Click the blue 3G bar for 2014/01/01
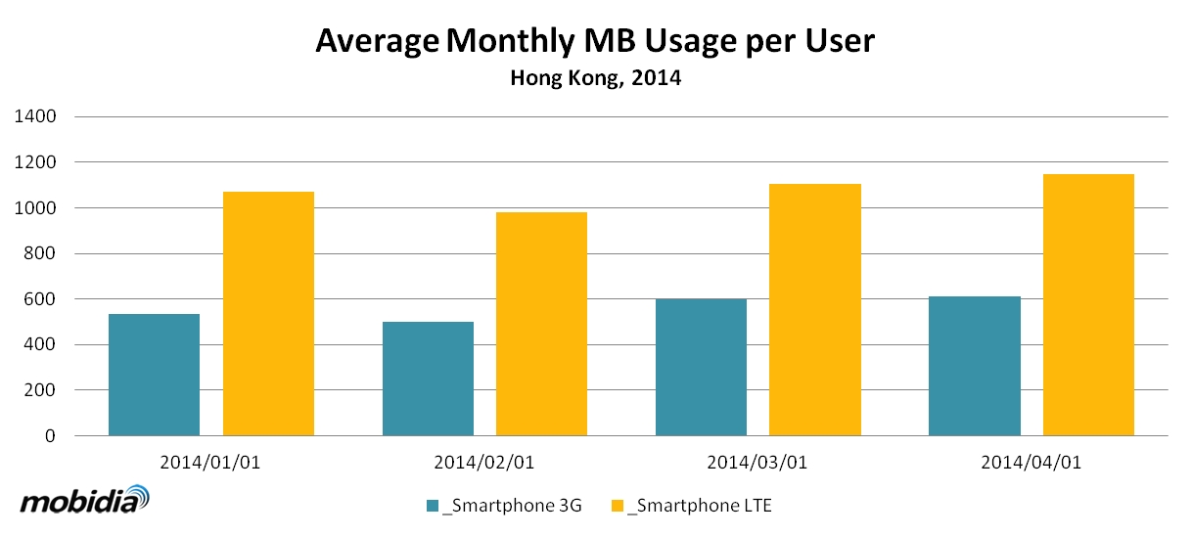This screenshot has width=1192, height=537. coord(154,375)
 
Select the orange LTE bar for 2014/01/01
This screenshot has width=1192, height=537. coord(268,313)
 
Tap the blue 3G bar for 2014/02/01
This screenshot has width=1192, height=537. coord(428,379)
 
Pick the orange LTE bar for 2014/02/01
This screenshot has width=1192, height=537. coord(541,324)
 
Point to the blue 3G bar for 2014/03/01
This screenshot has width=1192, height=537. coord(701,367)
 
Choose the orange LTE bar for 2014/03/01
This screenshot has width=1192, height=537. coord(815,309)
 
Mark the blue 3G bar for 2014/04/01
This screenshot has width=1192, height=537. coord(974,366)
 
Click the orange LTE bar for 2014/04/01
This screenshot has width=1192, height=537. coord(1088,304)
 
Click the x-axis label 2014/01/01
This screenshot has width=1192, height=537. coord(210,462)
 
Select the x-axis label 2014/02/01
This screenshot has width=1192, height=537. coord(484,462)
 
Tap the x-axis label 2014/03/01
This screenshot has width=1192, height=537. coord(757,462)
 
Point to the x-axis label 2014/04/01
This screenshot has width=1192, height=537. coord(1032,462)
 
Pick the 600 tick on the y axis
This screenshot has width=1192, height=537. coord(41,299)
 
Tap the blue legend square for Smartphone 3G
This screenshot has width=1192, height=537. coord(433,506)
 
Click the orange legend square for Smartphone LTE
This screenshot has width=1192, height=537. coord(617,506)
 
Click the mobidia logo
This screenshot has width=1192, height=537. coord(85,501)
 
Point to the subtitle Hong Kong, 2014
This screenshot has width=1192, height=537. coord(595,79)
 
